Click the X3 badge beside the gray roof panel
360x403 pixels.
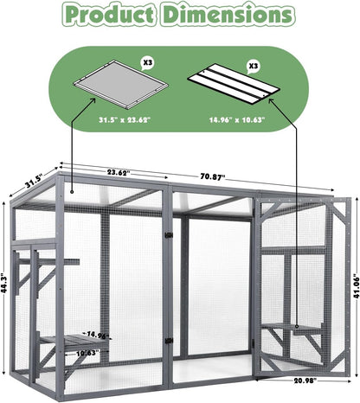(x=146, y=63)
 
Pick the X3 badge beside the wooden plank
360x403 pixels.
(x=254, y=65)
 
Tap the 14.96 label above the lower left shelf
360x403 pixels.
(x=97, y=334)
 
